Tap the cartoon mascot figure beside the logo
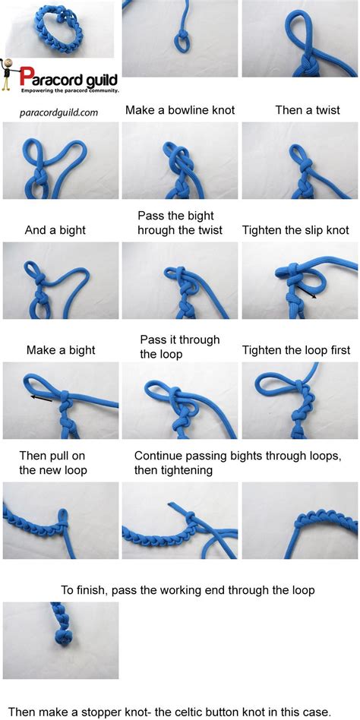tap(8, 74)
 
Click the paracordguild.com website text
tap(58, 112)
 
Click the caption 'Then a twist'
tap(308, 110)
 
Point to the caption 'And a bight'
tap(55, 230)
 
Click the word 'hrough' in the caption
tap(157, 230)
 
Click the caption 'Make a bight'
tap(61, 350)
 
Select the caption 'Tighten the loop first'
tap(296, 350)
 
